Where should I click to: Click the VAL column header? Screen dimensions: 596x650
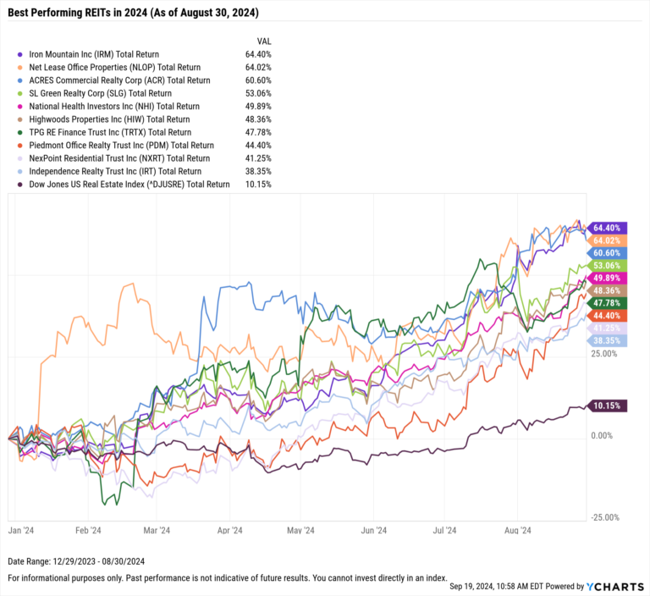(x=264, y=40)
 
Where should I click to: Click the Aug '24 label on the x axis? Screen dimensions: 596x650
(x=516, y=531)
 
